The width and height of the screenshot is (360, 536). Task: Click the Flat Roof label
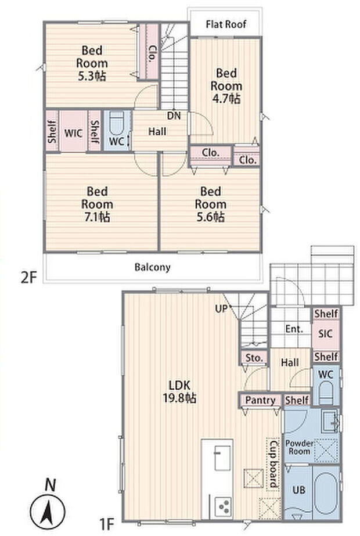coord(226,24)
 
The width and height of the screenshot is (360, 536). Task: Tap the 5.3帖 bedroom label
coord(92,63)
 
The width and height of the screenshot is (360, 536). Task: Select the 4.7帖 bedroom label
coord(226,86)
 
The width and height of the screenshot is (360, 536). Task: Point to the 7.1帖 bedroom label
coord(97,204)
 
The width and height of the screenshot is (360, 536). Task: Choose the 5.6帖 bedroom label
coord(211,204)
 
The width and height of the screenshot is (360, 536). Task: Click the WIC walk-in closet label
coord(73,133)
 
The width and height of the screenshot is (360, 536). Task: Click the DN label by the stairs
coord(174,116)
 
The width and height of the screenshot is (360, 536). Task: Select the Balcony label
coord(153,267)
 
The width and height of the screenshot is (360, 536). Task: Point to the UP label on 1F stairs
coord(221,309)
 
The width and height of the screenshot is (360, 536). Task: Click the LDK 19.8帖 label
coord(179,391)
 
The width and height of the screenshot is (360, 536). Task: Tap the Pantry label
coord(261,400)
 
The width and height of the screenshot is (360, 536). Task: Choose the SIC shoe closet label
coord(325,334)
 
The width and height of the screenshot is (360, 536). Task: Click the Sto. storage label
coord(254,358)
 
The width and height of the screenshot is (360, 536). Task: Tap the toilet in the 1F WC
coord(325,393)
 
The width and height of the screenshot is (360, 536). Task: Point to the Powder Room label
coord(299,447)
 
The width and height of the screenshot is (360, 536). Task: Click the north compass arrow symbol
coord(47,511)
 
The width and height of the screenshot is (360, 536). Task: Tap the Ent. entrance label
coord(294,329)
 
